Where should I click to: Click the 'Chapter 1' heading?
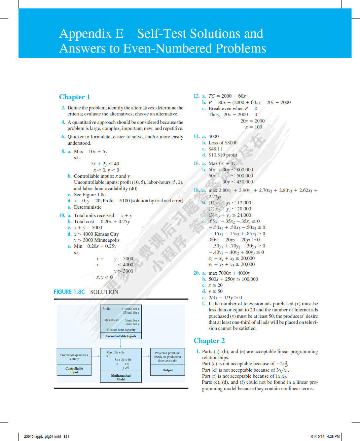[74, 97]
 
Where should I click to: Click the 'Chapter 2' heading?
[209, 341]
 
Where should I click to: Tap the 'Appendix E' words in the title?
[92, 34]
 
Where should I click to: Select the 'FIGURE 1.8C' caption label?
[69, 292]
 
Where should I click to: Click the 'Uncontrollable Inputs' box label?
[121, 336]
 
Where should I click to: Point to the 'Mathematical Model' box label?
[121, 377]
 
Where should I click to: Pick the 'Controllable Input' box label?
[74, 370]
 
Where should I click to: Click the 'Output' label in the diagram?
[168, 370]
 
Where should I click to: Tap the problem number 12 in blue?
[196, 96]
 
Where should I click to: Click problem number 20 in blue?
[196, 273]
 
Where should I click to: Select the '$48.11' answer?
[215, 149]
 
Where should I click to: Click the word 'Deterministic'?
[87, 207]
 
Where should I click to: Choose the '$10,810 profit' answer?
[223, 155]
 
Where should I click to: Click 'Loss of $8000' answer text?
[223, 143]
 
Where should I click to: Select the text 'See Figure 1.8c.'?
[90, 195]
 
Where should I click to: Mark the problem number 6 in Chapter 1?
[63, 137]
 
